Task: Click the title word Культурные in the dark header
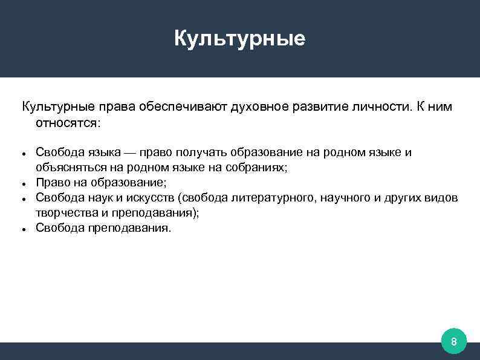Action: (240, 39)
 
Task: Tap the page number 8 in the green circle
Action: (453, 343)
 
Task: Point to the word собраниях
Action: (256, 168)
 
